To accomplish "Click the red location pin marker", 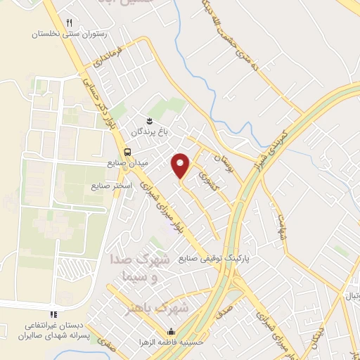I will pyautogui.click(x=181, y=166).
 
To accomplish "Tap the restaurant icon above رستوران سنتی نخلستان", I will pyautogui.click(x=69, y=23).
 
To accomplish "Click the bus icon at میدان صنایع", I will pyautogui.click(x=127, y=152).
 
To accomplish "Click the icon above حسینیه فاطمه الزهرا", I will pyautogui.click(x=170, y=333).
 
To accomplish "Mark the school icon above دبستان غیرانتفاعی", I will pyautogui.click(x=51, y=314).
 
